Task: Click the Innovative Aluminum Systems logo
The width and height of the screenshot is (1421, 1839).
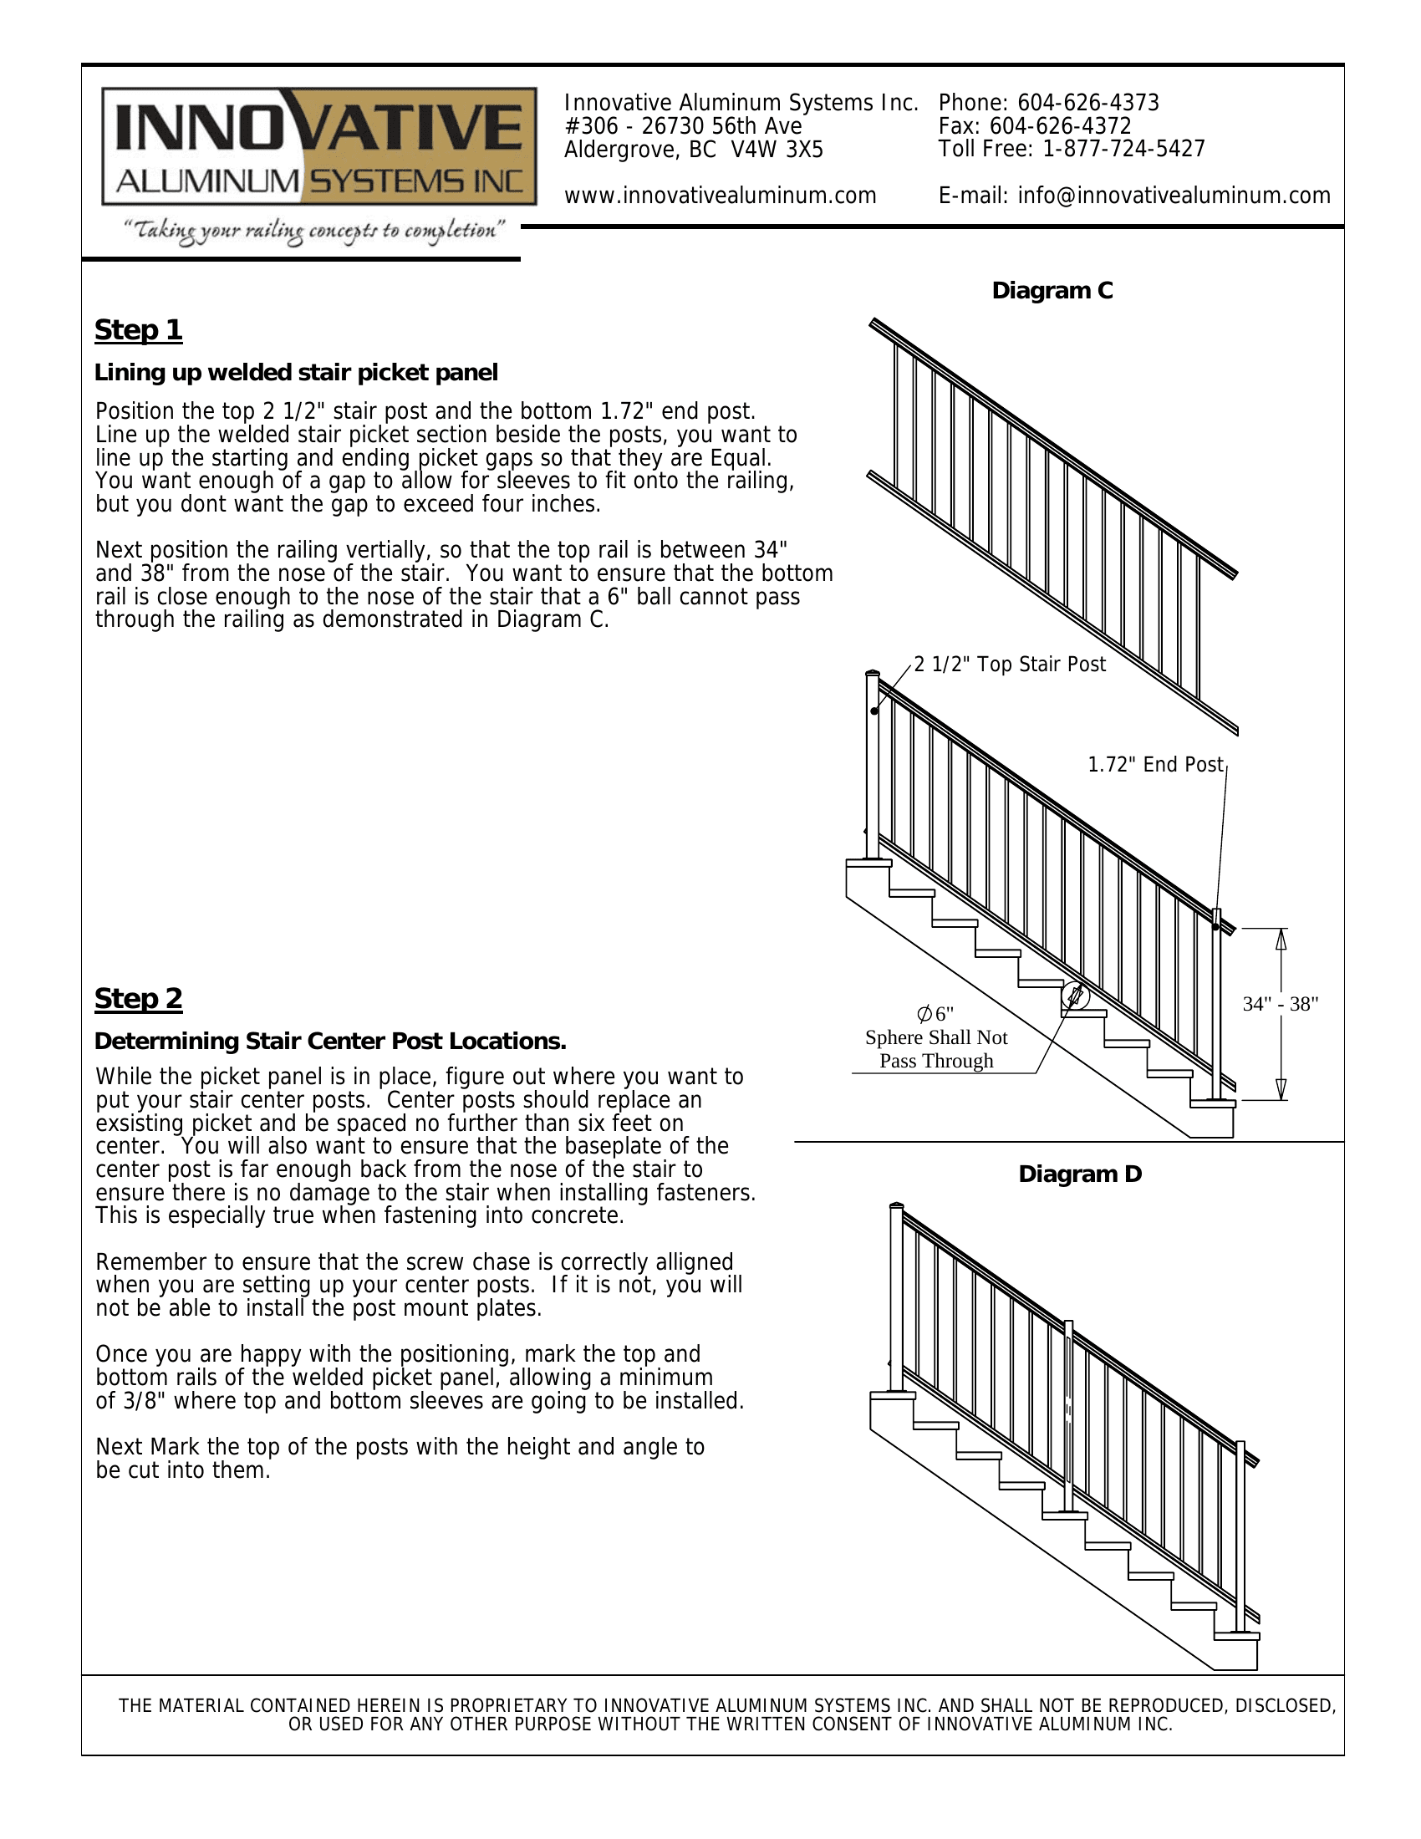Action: point(319,146)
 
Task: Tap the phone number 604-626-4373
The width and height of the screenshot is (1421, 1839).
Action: point(1087,103)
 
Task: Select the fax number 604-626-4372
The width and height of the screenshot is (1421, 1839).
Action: point(1060,126)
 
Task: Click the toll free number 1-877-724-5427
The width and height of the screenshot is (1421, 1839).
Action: point(1123,149)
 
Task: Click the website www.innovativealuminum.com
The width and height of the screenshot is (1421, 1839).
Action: point(720,196)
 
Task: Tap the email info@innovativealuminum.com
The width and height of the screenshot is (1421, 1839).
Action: point(1174,196)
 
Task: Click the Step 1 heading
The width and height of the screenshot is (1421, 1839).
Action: point(138,330)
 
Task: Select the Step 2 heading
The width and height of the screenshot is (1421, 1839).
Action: point(138,999)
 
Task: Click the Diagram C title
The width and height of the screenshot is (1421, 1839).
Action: point(1052,291)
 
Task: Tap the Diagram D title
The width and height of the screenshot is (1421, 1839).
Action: point(1080,1174)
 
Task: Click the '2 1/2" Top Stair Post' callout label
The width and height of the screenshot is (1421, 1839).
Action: point(1010,665)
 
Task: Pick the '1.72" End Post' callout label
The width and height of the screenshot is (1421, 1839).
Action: point(1155,765)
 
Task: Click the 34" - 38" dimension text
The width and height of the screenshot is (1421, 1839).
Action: point(1280,1004)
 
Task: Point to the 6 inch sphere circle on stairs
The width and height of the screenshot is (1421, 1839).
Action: point(1075,996)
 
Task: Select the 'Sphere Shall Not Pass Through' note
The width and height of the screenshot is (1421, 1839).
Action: point(936,1049)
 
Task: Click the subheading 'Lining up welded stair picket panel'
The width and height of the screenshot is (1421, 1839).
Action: point(297,373)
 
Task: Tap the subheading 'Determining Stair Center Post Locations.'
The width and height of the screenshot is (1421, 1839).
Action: point(330,1042)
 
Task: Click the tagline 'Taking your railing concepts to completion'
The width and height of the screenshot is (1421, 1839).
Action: point(314,231)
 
